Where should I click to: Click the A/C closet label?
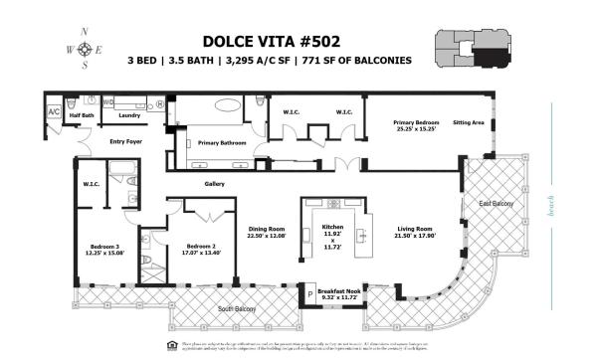tap(54, 112)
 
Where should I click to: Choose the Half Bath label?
tap(82, 115)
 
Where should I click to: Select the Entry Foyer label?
tap(126, 140)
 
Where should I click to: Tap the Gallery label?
tap(214, 184)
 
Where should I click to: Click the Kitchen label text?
tap(328, 231)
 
